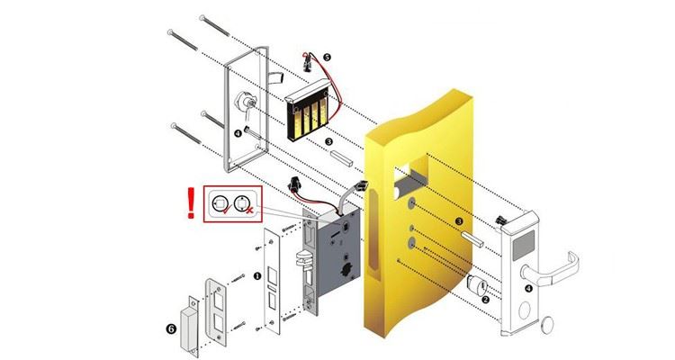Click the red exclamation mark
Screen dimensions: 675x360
tap(191, 202)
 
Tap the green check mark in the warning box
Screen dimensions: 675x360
tap(227, 210)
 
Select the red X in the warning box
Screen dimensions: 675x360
tap(249, 210)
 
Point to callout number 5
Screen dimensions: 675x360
tap(327, 58)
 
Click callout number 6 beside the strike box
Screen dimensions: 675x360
tap(171, 329)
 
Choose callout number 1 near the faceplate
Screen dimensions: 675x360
tap(257, 276)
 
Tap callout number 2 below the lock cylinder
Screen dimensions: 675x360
tap(486, 300)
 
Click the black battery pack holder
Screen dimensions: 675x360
tap(306, 111)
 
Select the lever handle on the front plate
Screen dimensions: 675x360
tap(551, 270)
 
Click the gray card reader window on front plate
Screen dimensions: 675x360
tap(523, 242)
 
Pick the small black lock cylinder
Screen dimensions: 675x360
tap(476, 284)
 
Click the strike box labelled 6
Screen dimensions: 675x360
tap(189, 325)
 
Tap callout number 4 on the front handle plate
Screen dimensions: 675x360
tap(528, 288)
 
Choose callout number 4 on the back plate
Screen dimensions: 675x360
tap(238, 133)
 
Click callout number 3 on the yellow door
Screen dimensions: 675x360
tap(459, 221)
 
